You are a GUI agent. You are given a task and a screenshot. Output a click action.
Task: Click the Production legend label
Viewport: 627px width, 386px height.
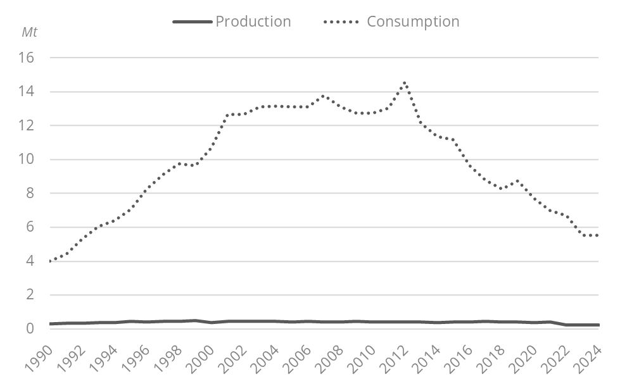click(x=253, y=22)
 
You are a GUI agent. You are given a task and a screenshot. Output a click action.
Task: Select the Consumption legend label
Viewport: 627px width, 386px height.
click(x=413, y=22)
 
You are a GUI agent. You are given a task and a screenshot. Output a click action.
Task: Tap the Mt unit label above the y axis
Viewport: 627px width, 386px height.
click(x=29, y=33)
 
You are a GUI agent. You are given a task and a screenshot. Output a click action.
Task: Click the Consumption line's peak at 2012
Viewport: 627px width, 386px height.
click(x=405, y=83)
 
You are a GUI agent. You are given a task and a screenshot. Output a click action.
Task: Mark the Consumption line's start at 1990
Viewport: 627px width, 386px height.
click(x=49, y=261)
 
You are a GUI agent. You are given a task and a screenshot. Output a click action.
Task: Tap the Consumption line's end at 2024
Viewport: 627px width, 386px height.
click(x=598, y=235)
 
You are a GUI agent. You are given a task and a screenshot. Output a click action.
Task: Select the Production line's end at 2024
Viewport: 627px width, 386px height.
click(x=598, y=325)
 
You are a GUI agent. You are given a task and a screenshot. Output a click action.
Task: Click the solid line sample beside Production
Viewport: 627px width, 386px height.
click(x=192, y=22)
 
